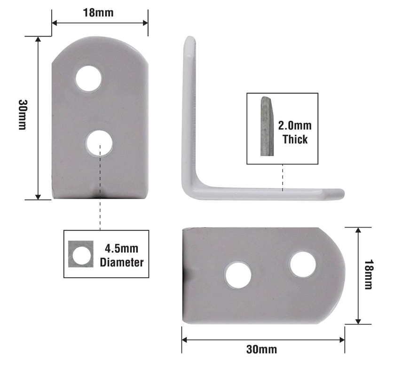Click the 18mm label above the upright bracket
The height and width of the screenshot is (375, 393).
(x=98, y=13)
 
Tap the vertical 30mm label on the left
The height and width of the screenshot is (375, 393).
(x=23, y=115)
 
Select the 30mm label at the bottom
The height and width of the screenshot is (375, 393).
(x=262, y=349)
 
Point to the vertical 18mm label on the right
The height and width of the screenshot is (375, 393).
(x=369, y=274)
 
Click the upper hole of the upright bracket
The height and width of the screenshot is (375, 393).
(x=89, y=78)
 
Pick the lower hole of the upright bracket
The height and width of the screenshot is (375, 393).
(x=99, y=143)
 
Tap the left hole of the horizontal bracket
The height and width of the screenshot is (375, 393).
(x=238, y=275)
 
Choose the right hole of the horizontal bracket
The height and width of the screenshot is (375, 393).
(x=303, y=265)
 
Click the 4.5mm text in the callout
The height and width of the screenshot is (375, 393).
(x=122, y=249)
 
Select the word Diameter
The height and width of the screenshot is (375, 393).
(x=122, y=262)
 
